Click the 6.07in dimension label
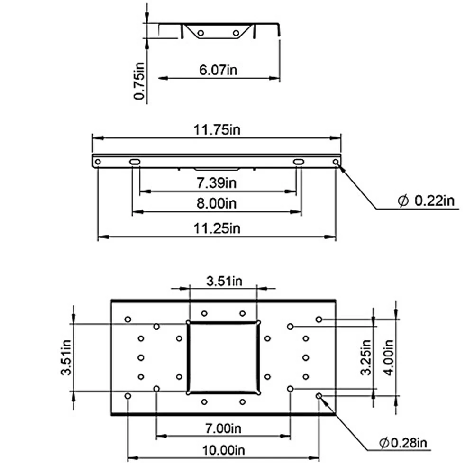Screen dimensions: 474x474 218,70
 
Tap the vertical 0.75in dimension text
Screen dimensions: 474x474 139,81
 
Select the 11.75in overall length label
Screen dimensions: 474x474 217,130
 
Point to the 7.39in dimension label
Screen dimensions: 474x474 217,183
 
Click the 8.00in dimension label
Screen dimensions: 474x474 217,203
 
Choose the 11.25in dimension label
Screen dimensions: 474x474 217,228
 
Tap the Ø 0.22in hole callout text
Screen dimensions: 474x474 426,201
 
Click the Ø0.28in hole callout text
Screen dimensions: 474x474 403,443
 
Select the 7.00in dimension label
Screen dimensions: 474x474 223,428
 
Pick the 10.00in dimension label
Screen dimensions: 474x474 223,450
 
